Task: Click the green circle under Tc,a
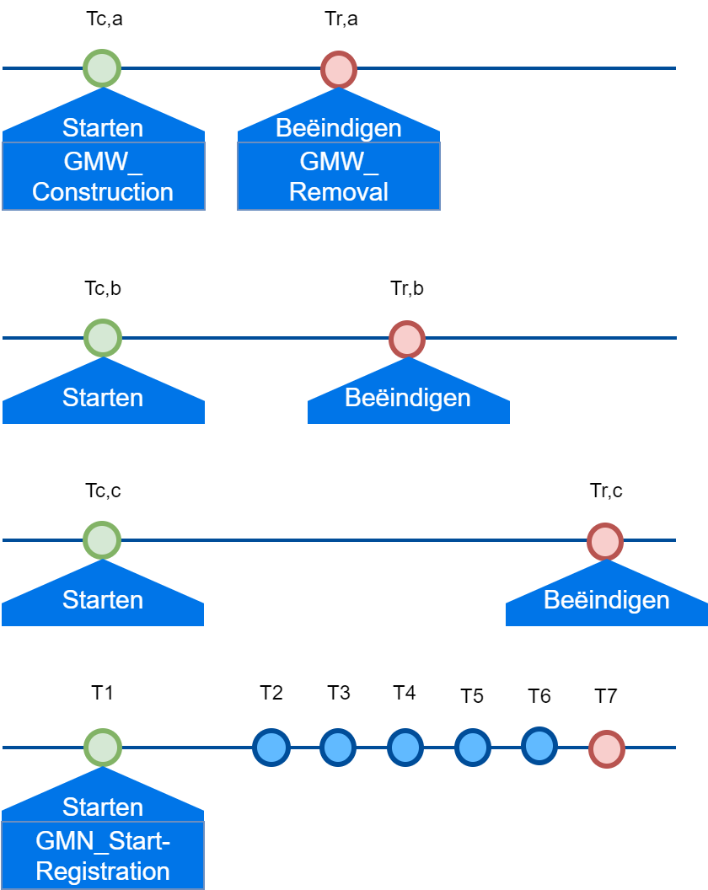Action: coord(102,68)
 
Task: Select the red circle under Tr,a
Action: coord(339,69)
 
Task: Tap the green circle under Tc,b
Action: coord(103,338)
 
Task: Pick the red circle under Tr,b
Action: coord(407,339)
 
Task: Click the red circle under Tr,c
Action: coord(605,541)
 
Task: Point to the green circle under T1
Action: coord(103,747)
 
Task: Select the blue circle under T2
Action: coord(271,747)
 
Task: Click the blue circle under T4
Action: coord(405,747)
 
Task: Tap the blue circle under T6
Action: coord(539,745)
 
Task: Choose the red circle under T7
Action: coord(606,748)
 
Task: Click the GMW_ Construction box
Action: coord(103,176)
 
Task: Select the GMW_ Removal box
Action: coord(339,176)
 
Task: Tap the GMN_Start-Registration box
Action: coord(103,855)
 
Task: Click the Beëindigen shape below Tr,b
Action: coord(409,398)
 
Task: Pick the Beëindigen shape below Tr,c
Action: coord(607,601)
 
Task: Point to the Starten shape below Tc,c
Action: coord(103,601)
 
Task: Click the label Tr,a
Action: coord(341,19)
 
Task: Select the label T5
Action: coord(472,696)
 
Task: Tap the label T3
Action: coord(339,693)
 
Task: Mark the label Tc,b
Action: coord(103,288)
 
